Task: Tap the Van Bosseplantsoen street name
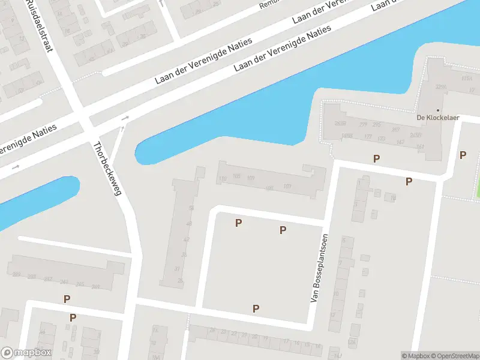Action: click(x=320, y=268)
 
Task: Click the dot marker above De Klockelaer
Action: click(x=438, y=110)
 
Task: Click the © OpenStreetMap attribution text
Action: click(x=455, y=356)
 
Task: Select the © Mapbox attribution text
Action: click(x=415, y=356)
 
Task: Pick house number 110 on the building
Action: click(x=223, y=179)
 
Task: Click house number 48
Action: click(x=189, y=223)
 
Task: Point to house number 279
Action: click(x=362, y=125)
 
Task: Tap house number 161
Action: click(x=420, y=147)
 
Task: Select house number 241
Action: click(x=95, y=286)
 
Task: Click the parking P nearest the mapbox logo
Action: click(x=73, y=317)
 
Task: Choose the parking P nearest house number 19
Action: click(x=409, y=181)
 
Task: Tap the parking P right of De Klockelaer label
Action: click(x=463, y=155)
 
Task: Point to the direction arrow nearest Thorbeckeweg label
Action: click(x=125, y=119)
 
